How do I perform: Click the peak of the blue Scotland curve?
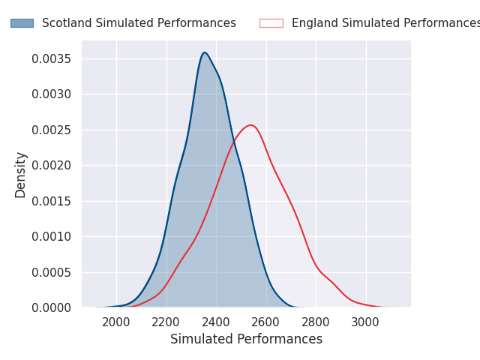[205, 52]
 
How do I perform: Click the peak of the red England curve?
[251, 125]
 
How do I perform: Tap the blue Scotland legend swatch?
[22, 23]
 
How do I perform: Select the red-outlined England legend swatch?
[271, 23]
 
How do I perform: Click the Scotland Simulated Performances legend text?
[139, 23]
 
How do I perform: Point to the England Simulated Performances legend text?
[385, 23]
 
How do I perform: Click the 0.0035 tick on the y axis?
[52, 58]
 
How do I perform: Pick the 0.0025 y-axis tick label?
[52, 130]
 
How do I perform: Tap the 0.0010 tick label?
[52, 237]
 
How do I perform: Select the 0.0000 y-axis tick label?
[52, 307]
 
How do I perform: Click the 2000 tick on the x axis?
[116, 322]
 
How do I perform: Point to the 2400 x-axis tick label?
[216, 322]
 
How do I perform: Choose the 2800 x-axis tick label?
[315, 322]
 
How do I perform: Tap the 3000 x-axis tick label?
[365, 322]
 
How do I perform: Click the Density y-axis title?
[20, 175]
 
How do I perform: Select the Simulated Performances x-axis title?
[247, 339]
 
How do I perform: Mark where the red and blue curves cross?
[234, 142]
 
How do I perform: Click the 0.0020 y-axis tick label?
[52, 166]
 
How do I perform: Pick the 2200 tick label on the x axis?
[166, 322]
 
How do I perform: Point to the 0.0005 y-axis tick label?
[52, 272]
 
